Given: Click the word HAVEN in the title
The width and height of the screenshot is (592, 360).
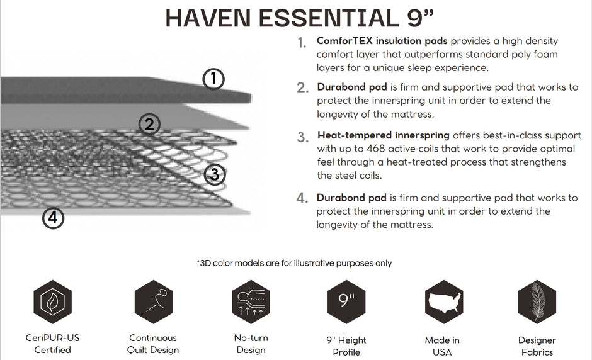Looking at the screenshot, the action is click(208, 18).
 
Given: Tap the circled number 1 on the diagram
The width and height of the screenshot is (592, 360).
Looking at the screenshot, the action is click(213, 79).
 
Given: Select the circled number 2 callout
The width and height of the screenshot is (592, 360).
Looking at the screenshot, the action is click(149, 124).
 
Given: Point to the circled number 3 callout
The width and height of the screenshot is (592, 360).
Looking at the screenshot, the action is click(215, 174).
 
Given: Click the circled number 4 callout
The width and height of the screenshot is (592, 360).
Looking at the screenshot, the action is click(53, 218).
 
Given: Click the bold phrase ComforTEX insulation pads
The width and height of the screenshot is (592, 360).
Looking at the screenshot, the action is click(382, 41).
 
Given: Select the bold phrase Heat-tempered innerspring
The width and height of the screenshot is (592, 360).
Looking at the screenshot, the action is click(383, 135).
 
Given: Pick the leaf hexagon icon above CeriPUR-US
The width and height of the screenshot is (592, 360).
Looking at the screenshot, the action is click(52, 302).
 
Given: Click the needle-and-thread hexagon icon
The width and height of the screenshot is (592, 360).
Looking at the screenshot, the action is click(154, 302).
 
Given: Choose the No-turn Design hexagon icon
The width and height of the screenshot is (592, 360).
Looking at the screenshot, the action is click(251, 302).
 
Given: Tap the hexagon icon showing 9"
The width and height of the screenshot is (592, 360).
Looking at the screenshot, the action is click(346, 302).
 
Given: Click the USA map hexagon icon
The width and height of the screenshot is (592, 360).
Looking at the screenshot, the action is click(444, 302).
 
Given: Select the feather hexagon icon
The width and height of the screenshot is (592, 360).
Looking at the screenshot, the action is click(537, 302).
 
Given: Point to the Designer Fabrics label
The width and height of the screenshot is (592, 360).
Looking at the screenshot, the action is click(537, 346).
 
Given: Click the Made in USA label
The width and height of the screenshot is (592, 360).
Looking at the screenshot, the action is click(442, 346).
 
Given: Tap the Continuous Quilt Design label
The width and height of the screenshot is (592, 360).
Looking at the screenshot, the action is click(153, 344).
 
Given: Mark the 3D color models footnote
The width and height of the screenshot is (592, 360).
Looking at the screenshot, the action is click(294, 263).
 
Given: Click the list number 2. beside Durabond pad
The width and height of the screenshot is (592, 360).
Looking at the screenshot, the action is click(303, 87).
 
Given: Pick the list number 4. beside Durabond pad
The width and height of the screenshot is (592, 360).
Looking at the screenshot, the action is click(302, 198).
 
